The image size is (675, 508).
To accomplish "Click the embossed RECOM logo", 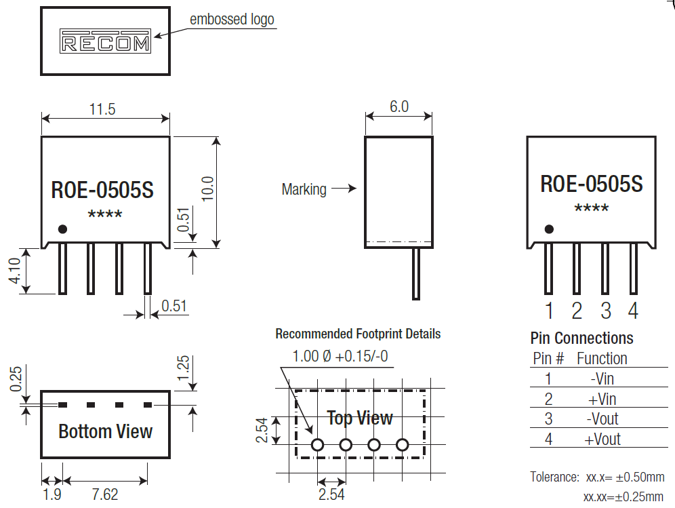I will coord(105,41).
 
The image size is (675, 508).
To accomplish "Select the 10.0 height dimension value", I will coord(207,189).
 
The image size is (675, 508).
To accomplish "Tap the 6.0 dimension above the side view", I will coord(398,106).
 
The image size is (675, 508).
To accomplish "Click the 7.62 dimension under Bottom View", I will coord(105,494).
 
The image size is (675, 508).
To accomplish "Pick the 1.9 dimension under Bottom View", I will coord(52,494).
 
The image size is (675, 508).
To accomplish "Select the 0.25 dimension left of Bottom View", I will coord(16,379).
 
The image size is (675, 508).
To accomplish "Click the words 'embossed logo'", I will coord(232,19).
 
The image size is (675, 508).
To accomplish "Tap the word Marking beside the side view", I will coord(304,189).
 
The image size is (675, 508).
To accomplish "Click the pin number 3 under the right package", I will coord(605,311).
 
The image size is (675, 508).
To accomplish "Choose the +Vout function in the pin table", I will coord(602,439).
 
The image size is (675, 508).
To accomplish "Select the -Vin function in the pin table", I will coord(602,378).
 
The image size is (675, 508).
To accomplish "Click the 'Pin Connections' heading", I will coord(581,338).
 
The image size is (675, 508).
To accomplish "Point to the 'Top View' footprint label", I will coord(360,418).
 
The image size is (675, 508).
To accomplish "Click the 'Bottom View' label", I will coord(105,431).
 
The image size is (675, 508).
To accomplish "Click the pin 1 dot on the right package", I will coord(548,229).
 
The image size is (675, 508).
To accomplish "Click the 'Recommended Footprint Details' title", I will coord(358,334).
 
